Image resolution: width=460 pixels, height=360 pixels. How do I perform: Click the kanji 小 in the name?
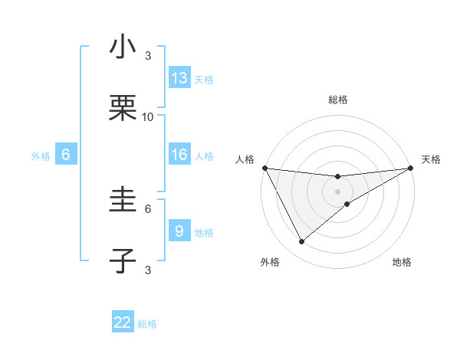pos(123,47)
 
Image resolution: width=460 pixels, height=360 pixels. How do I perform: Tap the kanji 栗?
pos(123,110)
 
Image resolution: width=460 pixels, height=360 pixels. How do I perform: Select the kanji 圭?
pos(123,201)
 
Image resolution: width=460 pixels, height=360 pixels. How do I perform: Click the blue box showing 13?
pos(179,78)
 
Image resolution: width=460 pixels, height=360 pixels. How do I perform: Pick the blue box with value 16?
pos(179,155)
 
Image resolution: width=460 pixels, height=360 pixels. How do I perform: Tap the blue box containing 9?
pos(179,231)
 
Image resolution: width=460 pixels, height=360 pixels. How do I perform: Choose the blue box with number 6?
pos(66,155)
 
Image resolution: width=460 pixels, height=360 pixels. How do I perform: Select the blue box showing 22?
pos(123,322)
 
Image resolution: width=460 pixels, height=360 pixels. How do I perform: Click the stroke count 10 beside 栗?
pos(148,117)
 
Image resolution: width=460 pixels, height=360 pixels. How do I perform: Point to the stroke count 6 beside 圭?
pos(148,208)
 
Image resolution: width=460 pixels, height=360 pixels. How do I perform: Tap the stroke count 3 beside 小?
pos(148,55)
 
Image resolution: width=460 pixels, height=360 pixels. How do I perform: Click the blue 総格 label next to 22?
pos(147,324)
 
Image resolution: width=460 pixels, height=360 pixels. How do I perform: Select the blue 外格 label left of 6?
pos(41,156)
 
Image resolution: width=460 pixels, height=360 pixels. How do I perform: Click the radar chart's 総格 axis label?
pos(338,100)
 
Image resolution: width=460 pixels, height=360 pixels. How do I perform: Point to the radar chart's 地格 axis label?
pos(402,263)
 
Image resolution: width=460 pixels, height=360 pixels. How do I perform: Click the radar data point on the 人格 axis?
pos(264,169)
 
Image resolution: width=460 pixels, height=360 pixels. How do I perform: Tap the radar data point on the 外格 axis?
pos(301,242)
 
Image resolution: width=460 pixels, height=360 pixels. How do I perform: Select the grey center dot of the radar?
pos(338,191)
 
